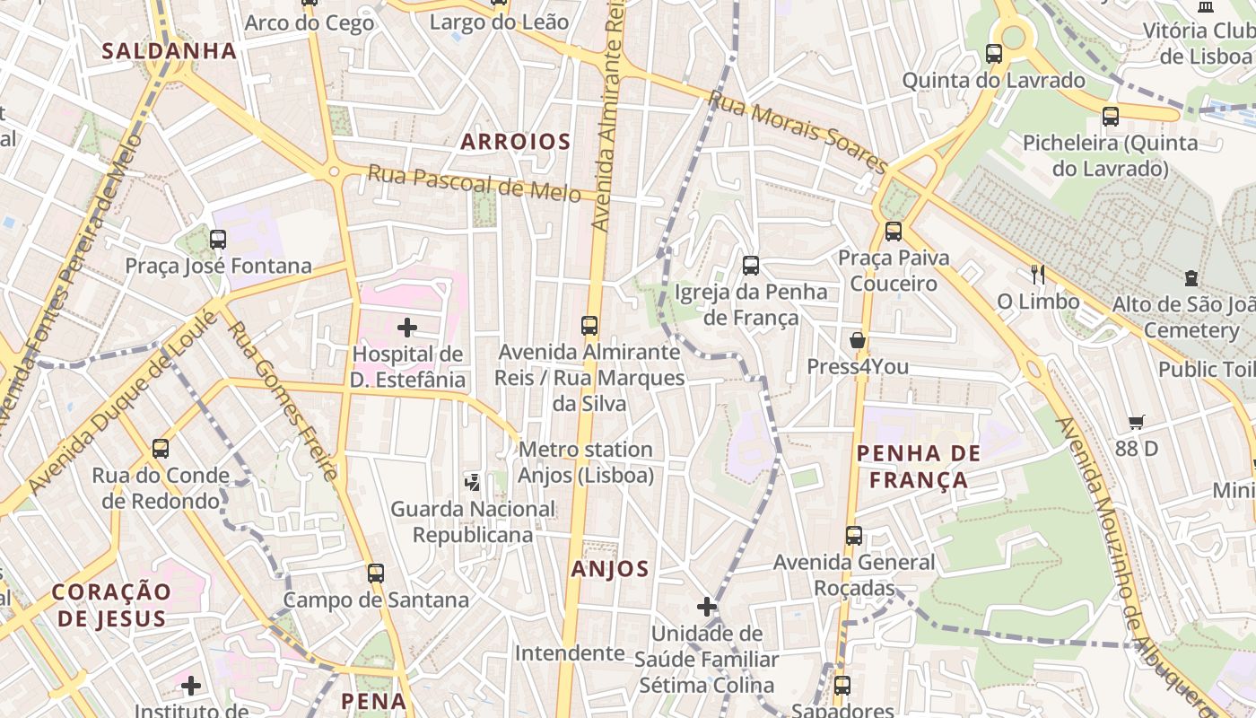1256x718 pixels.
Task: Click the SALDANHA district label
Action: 169,50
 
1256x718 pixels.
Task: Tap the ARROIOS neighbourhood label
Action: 516,141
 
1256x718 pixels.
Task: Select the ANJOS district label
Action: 610,568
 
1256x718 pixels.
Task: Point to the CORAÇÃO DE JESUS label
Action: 111,604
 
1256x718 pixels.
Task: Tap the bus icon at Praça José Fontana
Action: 218,240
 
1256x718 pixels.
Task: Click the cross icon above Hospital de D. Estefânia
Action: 407,328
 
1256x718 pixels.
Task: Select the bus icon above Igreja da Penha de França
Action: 751,266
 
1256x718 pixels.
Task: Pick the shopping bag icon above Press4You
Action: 858,340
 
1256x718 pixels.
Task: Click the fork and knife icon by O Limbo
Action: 1038,275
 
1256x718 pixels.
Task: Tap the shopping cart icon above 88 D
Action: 1137,422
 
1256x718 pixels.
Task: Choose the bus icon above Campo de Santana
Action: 376,573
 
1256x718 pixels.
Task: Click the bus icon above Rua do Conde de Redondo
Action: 161,449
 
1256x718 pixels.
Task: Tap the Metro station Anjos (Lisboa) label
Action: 586,461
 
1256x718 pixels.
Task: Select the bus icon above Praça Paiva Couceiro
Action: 894,232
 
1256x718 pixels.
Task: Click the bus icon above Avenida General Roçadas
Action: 854,536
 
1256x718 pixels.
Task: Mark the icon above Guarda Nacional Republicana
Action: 472,483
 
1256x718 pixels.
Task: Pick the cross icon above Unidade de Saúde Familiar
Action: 707,607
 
